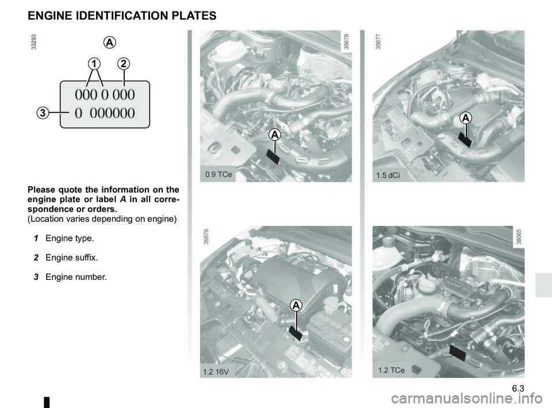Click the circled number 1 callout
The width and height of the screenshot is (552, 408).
click(x=94, y=64)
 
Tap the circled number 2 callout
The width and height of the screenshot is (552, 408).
click(x=124, y=64)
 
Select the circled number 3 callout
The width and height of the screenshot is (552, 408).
click(x=42, y=113)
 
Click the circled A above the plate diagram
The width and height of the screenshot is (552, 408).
click(x=110, y=43)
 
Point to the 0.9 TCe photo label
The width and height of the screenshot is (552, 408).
click(x=218, y=174)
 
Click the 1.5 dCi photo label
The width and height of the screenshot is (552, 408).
click(x=388, y=175)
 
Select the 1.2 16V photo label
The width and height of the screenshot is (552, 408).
click(x=216, y=371)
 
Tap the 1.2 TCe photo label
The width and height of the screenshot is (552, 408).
click(x=392, y=370)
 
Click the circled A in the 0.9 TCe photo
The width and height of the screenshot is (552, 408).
click(x=275, y=134)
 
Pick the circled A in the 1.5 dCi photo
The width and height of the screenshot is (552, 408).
click(x=466, y=118)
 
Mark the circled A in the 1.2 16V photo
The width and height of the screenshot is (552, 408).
click(x=296, y=305)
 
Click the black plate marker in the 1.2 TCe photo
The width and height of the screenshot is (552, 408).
click(x=458, y=353)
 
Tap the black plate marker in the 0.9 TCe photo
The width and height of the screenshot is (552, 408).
click(x=273, y=156)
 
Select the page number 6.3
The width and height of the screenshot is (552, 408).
click(x=518, y=388)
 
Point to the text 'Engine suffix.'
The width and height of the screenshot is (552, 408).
click(x=72, y=257)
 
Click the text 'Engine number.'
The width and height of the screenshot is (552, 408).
click(x=76, y=277)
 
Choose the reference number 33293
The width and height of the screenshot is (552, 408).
click(x=33, y=41)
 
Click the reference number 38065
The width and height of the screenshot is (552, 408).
click(x=519, y=237)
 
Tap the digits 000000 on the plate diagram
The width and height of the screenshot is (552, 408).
click(x=112, y=113)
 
